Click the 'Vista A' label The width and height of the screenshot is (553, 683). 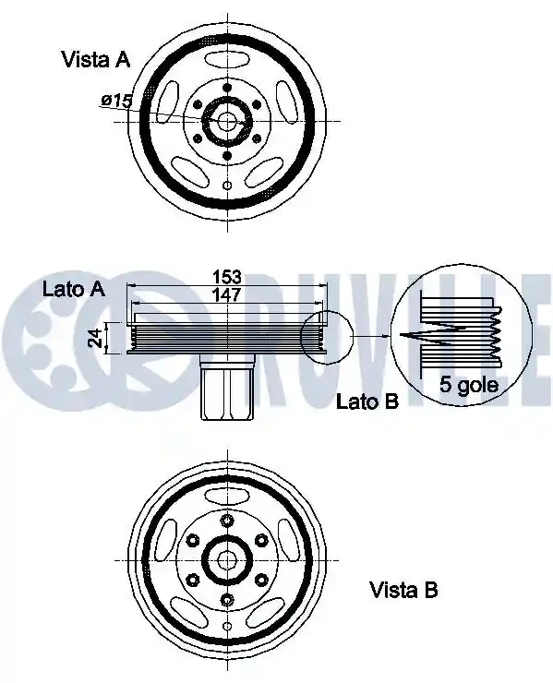[x=96, y=59]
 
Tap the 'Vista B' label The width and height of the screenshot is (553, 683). [x=403, y=590]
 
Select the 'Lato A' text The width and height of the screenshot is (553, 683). [x=74, y=289]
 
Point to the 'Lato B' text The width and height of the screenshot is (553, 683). [x=367, y=401]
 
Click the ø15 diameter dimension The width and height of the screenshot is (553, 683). [x=116, y=101]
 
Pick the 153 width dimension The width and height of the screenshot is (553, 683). [x=226, y=277]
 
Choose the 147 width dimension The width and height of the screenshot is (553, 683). [x=226, y=294]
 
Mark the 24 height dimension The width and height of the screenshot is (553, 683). [x=95, y=338]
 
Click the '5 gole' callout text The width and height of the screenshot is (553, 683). [x=468, y=385]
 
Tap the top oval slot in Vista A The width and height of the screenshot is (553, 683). [x=227, y=59]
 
